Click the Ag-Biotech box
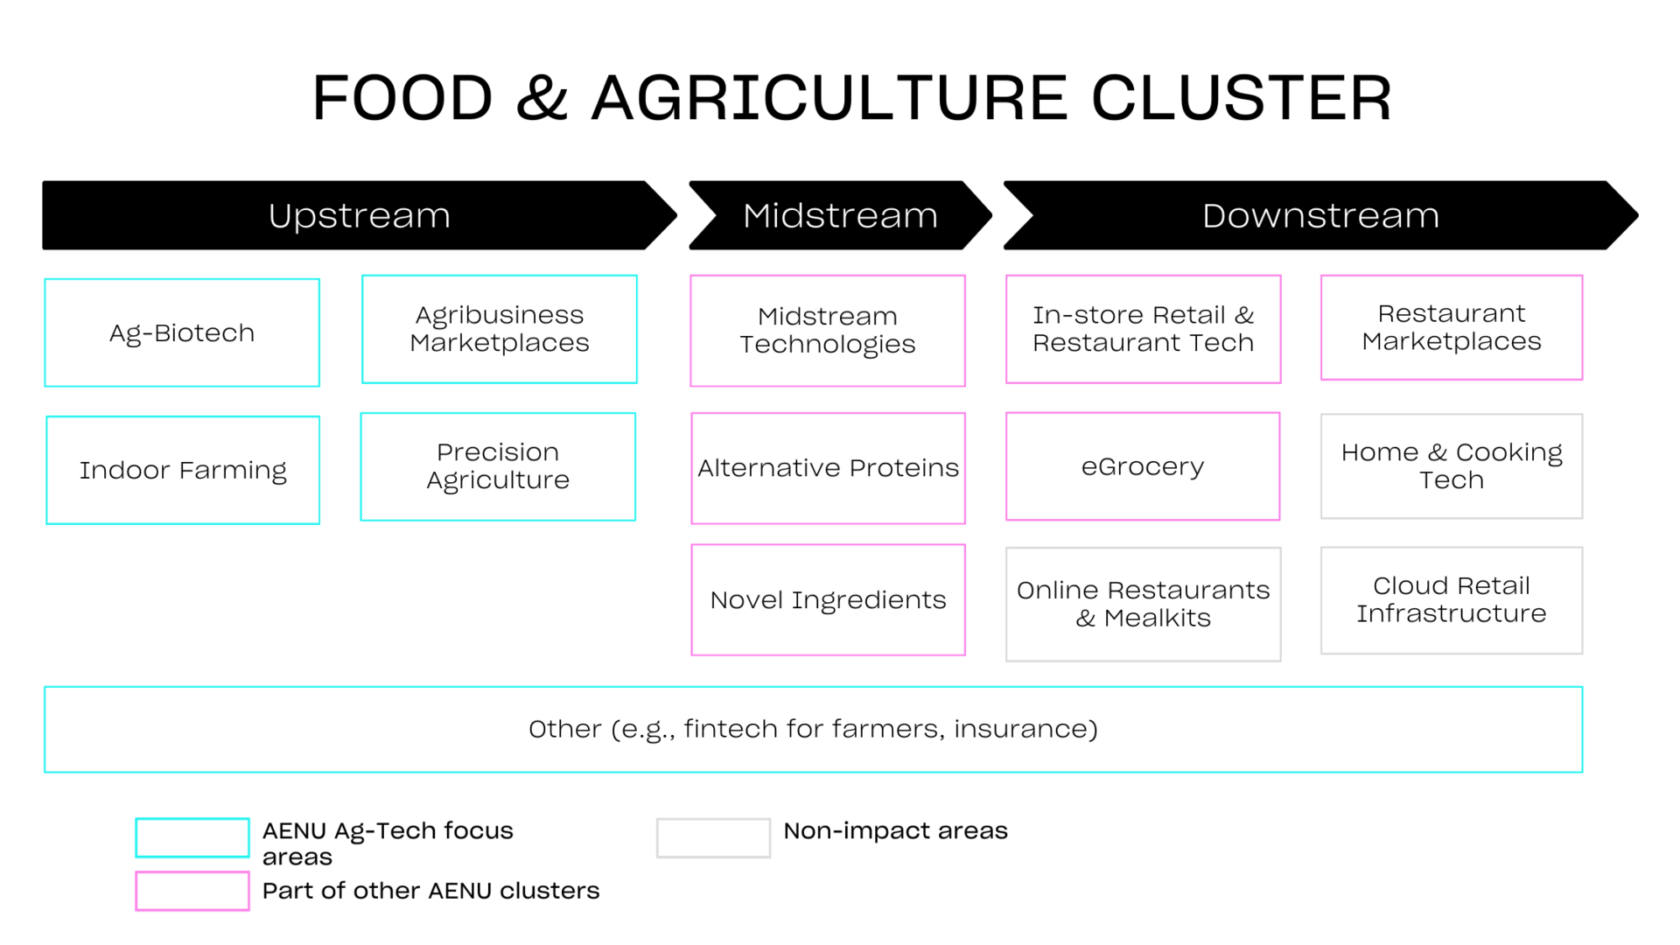pyautogui.click(x=182, y=332)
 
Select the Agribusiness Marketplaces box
pyautogui.click(x=499, y=329)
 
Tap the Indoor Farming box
pyautogui.click(x=182, y=470)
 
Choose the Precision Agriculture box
pyautogui.click(x=498, y=466)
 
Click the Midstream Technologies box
pyautogui.click(x=827, y=331)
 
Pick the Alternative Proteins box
pyautogui.click(x=828, y=468)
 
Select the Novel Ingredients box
pyautogui.click(x=828, y=599)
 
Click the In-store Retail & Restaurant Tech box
pyautogui.click(x=1143, y=329)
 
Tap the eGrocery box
pyautogui.click(x=1143, y=466)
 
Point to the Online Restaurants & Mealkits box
pyautogui.click(x=1143, y=604)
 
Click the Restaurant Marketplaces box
pyautogui.click(x=1451, y=327)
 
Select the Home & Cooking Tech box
pyautogui.click(x=1451, y=465)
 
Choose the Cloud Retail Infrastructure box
pyautogui.click(x=1451, y=599)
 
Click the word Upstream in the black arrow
pyautogui.click(x=359, y=215)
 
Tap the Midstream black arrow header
pyautogui.click(x=840, y=215)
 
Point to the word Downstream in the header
pyautogui.click(x=1319, y=215)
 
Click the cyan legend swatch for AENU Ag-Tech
pyautogui.click(x=192, y=837)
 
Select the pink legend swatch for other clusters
pyautogui.click(x=192, y=891)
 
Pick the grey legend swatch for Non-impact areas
pyautogui.click(x=713, y=837)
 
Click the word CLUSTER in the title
pyautogui.click(x=1241, y=97)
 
